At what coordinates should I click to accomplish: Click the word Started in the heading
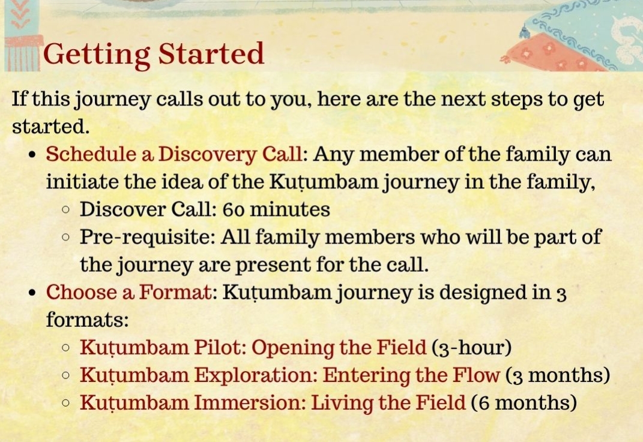211,53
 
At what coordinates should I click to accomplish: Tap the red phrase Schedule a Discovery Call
174,155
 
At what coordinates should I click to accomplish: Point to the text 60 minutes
276,209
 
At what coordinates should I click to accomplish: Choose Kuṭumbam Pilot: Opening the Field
253,348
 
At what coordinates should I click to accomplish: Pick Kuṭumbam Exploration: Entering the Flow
290,375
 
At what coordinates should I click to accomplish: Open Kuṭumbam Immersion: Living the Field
273,402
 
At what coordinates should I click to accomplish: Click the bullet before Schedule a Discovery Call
33,156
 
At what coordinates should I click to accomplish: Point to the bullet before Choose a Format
33,293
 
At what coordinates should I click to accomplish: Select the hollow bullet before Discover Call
65,210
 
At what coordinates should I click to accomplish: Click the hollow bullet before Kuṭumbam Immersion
65,403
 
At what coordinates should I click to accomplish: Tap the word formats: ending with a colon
87,320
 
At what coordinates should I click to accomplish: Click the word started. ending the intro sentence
50,127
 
